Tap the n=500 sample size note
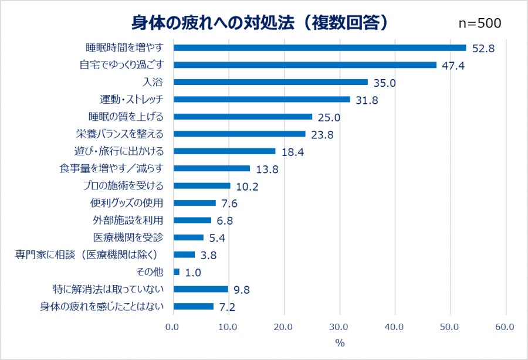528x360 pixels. coord(479,23)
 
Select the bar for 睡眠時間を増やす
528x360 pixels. coord(320,47)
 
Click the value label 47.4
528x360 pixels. coord(453,65)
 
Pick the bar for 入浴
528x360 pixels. coord(270,82)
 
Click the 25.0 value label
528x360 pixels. coord(329,117)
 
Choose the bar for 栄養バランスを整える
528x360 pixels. coord(239,134)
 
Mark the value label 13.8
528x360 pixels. coord(266,169)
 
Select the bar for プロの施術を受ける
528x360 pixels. coord(202,186)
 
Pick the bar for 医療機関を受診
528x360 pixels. coord(188,237)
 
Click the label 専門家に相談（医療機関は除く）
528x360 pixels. coord(94,254)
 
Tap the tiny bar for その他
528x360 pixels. coord(177,272)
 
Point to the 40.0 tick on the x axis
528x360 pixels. coord(395,327)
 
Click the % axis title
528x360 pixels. coord(339,342)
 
